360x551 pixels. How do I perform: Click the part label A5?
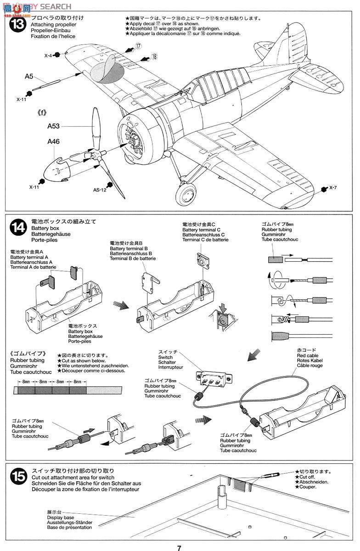pos(29,77)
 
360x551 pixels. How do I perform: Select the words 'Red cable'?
pos(308,355)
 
